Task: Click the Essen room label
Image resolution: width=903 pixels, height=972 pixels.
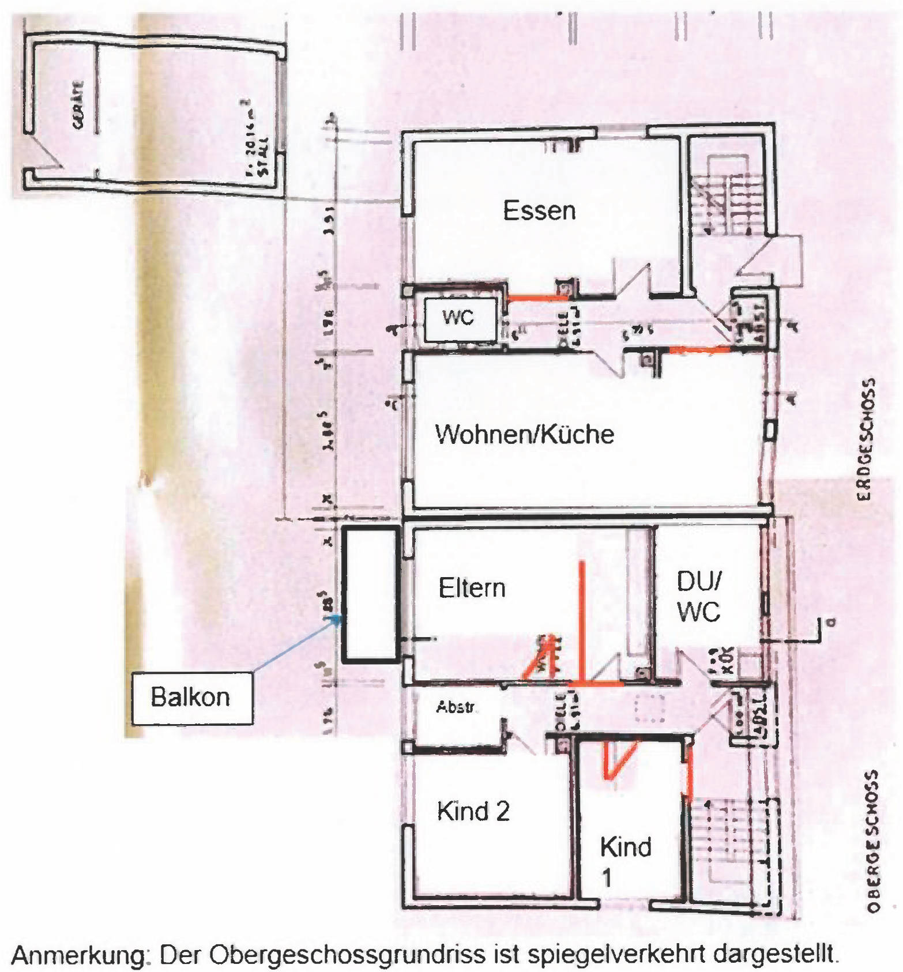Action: click(539, 210)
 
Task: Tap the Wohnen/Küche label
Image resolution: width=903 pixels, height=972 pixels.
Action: click(524, 434)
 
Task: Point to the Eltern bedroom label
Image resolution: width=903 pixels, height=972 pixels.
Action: click(472, 588)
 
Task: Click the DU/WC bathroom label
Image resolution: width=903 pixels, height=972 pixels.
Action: click(698, 597)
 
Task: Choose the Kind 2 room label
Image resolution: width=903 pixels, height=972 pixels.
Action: click(473, 811)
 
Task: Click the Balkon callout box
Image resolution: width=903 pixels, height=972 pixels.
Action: click(191, 698)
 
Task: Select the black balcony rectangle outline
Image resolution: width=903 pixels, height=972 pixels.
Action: click(370, 594)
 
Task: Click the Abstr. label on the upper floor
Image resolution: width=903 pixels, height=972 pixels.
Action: click(456, 707)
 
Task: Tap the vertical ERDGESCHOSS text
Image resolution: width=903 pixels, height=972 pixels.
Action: click(867, 439)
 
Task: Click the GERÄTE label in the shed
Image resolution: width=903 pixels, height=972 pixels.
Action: click(78, 104)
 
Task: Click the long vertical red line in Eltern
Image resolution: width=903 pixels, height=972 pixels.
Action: click(582, 623)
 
